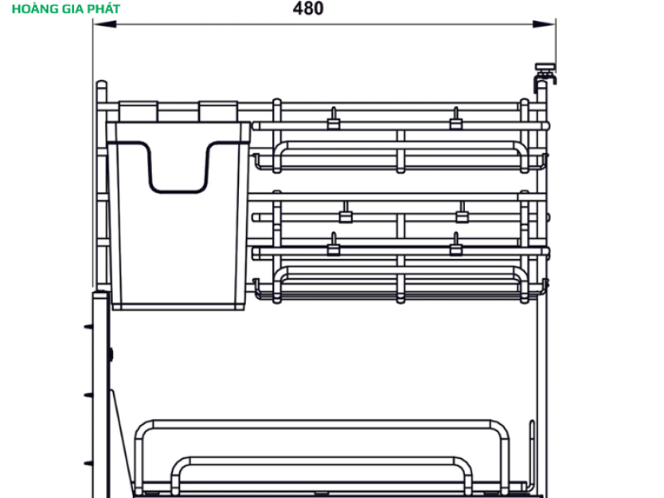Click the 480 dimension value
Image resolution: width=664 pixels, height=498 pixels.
click(308, 8)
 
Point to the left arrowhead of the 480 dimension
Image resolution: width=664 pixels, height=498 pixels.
click(105, 24)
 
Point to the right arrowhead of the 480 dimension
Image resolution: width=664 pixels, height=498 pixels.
click(544, 24)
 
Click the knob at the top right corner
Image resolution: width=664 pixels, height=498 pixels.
click(545, 73)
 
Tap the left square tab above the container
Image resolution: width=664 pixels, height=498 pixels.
click(138, 111)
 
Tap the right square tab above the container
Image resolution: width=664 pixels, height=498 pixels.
click(218, 111)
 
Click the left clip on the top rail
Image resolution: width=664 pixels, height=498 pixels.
click(334, 119)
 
